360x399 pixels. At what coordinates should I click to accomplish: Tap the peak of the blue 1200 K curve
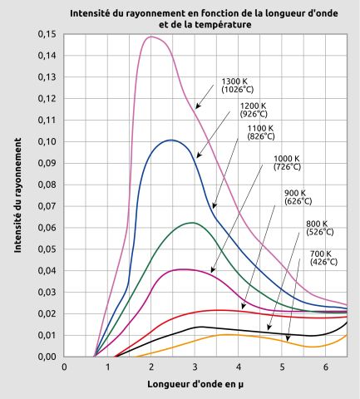(170, 140)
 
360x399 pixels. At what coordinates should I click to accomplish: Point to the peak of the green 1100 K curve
(192, 222)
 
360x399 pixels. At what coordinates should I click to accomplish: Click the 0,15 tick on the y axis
(47, 34)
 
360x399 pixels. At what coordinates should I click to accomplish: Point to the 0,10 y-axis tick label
(47, 141)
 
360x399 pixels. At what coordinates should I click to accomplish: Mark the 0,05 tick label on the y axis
(47, 249)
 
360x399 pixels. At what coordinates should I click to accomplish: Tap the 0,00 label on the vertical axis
(47, 357)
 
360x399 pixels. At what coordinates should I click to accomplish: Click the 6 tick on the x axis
(325, 367)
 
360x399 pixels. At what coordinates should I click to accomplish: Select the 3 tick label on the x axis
(195, 367)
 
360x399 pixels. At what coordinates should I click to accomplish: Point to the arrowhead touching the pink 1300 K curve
(197, 108)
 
